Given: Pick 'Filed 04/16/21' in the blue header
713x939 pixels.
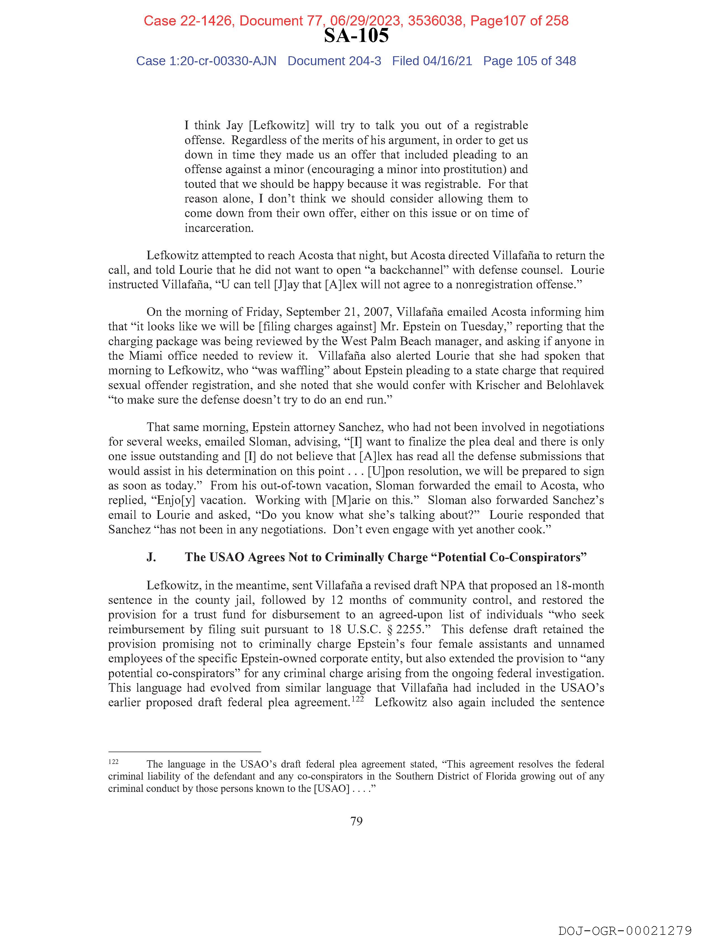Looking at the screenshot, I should point(432,61).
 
